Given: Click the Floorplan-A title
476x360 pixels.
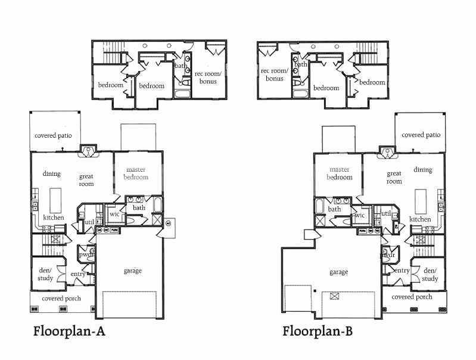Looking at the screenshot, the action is pos(69,331).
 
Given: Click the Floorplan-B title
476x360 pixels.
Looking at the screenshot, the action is pos(318,331).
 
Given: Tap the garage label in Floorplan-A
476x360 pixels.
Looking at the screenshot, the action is pos(133,271).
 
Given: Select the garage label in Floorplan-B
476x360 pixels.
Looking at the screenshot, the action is pos(339,272).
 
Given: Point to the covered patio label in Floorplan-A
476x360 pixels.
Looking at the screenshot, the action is pos(53,135).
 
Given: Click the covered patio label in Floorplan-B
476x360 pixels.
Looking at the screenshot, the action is pos(421,135).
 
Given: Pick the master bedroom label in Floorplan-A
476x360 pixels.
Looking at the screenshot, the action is pos(136,173).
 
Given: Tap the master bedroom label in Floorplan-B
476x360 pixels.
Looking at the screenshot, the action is pos(340,173).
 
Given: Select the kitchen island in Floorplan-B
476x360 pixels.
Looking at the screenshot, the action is pos(421,201).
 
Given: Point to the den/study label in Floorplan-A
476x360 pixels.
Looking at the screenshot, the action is pos(45,274).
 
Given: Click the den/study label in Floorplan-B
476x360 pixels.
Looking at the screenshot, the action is pos(430,275).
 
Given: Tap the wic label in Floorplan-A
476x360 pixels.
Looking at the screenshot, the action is pos(114,214).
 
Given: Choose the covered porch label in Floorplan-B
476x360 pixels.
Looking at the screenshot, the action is pos(412,297).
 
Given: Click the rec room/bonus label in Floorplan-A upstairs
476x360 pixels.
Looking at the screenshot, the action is pos(209,77).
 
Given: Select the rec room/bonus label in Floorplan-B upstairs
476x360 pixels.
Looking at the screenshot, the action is pos(275,75).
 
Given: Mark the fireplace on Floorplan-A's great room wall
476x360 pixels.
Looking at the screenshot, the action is pos(88,151).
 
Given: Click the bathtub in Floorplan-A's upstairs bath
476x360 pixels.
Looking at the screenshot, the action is pos(183,93).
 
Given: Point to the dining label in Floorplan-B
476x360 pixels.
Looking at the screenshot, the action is pos(423,170).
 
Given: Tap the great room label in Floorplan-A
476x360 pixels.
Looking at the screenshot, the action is pos(86,180).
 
